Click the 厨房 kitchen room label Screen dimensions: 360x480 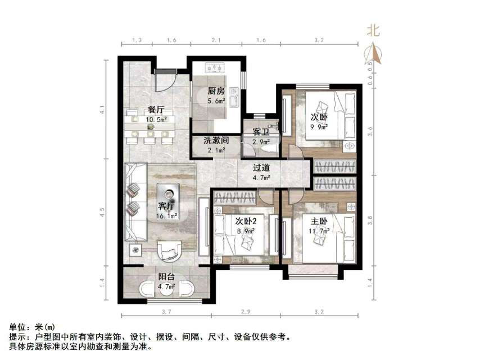coord(216,91)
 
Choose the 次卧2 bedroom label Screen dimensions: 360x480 coord(245,220)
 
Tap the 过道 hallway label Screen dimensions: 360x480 coord(261,167)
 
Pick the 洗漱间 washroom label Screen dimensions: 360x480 coord(215,141)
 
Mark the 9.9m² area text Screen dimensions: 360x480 coord(320,127)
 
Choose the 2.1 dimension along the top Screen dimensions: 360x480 coord(216,40)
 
